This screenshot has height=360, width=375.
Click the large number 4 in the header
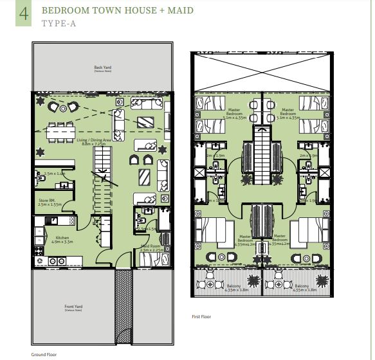point(24,14)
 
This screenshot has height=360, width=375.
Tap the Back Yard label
point(102,68)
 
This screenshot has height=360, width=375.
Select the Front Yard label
point(73,308)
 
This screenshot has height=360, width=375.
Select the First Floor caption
point(201,317)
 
